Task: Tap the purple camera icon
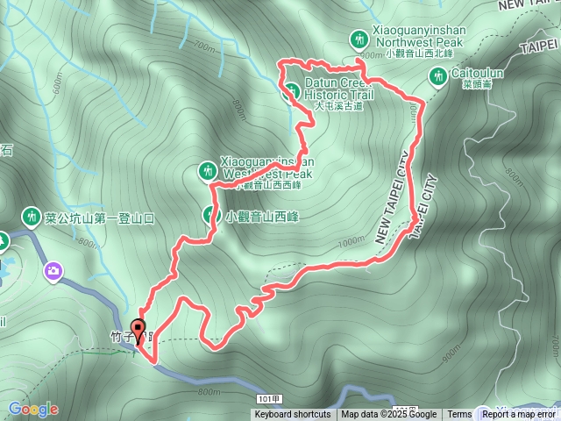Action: (x=53, y=271)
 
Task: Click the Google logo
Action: (x=33, y=409)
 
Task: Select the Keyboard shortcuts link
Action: (x=293, y=415)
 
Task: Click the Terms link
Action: (x=459, y=415)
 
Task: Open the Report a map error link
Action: (x=520, y=415)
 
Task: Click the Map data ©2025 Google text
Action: (x=389, y=415)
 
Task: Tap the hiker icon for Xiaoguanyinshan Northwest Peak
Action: (x=359, y=39)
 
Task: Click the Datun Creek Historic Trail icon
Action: (x=292, y=89)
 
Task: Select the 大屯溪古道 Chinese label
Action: (x=337, y=105)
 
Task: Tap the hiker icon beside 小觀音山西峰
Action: (x=211, y=215)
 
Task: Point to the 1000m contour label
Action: (x=350, y=241)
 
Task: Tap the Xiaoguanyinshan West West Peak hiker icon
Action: (x=208, y=170)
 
